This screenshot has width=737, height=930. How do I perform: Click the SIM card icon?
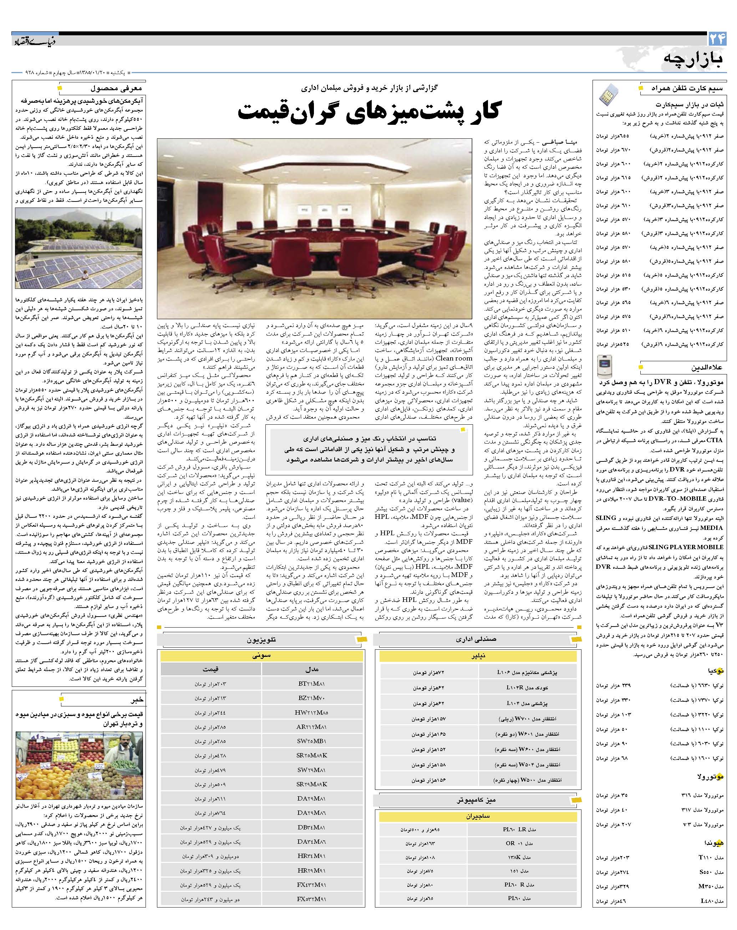point(609,95)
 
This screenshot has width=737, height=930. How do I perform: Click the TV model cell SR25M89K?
point(311,756)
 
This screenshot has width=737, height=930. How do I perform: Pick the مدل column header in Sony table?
point(311,669)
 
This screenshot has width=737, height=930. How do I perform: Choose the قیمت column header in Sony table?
point(210,669)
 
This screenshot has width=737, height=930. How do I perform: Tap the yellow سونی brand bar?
point(261,655)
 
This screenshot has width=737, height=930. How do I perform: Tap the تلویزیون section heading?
point(261,640)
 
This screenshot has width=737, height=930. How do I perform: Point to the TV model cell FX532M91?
point(311,899)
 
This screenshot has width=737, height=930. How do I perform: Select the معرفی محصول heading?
point(117,88)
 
